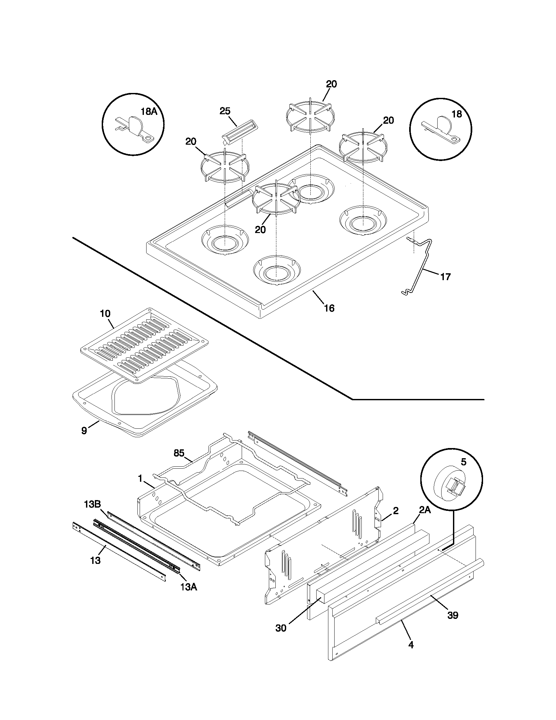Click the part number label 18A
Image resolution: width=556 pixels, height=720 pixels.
[x=149, y=112]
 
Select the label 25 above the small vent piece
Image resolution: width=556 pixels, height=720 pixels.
[x=225, y=111]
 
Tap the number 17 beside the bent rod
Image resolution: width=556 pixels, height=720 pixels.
[x=445, y=277]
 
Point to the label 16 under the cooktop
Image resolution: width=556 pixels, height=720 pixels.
[x=329, y=308]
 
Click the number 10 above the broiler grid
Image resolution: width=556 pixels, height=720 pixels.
[x=105, y=314]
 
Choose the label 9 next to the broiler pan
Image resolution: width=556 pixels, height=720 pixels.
[x=84, y=431]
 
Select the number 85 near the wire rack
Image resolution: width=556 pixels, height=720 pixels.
[x=179, y=453]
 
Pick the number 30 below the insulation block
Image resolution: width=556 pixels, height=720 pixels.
[x=281, y=628]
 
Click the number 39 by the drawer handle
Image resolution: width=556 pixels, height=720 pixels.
[x=453, y=616]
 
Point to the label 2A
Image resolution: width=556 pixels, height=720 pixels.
[x=425, y=510]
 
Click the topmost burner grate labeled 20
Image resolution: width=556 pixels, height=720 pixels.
[x=310, y=116]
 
